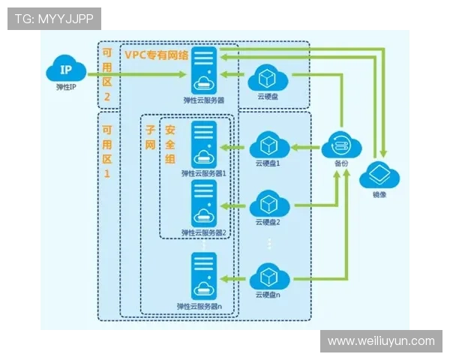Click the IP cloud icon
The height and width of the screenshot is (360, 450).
pos(67,71)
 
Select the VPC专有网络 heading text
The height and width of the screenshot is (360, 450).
pos(157,55)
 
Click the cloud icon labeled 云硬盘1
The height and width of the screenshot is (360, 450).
pos(268,145)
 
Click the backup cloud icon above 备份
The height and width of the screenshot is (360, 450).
pos(342,145)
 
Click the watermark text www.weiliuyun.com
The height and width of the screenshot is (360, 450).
pos(381,341)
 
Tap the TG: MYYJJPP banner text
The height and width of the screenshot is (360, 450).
pos(54,19)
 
